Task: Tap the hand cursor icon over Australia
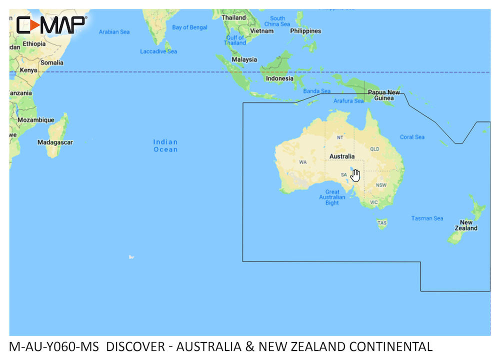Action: coord(355,175)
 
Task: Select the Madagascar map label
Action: coord(55,142)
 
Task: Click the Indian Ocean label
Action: coord(165,145)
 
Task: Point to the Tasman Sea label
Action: coord(427,218)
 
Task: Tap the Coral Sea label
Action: coord(412,137)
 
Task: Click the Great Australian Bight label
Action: coord(332,197)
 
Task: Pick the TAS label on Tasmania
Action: coord(382,222)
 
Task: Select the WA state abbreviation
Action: coord(303,162)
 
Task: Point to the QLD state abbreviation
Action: coord(374,149)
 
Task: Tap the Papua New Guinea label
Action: coord(384,95)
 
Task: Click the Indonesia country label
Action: coord(279,78)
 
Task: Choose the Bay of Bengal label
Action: coord(189,27)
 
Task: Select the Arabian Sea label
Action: coord(114,32)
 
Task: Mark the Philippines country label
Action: coord(305,31)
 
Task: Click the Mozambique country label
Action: coord(36,120)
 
